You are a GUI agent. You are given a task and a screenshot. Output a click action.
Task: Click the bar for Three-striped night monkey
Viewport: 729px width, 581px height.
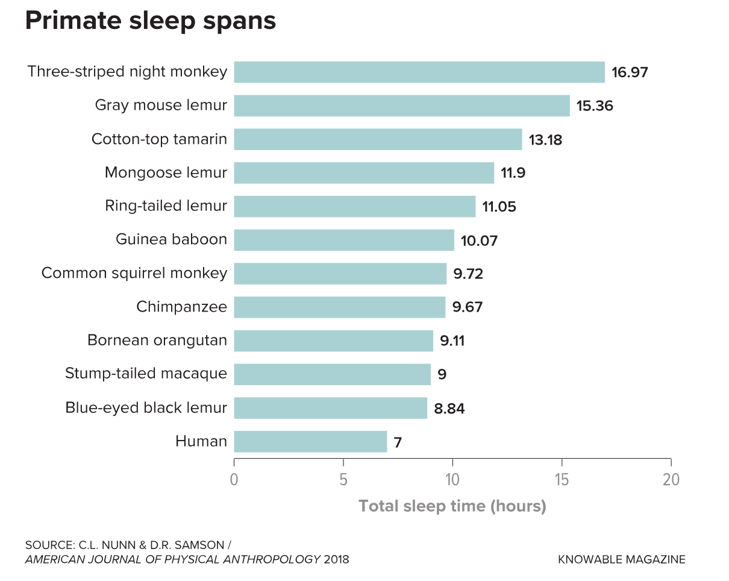(419, 72)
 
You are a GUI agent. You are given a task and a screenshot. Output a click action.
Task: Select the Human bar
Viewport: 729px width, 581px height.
(310, 442)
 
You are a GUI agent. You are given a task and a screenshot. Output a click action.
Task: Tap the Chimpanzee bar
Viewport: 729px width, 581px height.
(339, 307)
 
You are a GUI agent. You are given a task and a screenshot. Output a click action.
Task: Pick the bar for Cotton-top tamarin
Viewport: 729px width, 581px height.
(378, 139)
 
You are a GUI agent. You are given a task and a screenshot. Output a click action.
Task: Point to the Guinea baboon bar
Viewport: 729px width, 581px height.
(343, 240)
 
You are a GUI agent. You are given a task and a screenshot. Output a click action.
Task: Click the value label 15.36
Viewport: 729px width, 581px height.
(595, 106)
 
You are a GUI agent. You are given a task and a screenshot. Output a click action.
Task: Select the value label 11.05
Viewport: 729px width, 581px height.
(499, 207)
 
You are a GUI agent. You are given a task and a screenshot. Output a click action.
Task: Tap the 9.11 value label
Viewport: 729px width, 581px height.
(452, 341)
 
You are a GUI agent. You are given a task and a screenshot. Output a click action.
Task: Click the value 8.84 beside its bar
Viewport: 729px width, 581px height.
(449, 409)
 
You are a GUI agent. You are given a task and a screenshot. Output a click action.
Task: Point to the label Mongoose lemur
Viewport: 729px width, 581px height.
(166, 173)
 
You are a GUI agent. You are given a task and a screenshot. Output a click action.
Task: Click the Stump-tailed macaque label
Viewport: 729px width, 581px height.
(146, 374)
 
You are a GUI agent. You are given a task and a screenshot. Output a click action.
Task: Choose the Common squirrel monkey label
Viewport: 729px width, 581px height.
(134, 273)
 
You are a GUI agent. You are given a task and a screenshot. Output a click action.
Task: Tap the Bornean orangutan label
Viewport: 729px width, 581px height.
(157, 341)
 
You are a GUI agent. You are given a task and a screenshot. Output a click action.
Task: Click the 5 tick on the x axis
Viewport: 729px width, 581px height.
(343, 480)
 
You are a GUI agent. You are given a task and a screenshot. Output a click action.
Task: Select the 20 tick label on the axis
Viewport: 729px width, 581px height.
(671, 480)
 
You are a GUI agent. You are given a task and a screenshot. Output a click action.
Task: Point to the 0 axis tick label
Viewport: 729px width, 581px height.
(234, 480)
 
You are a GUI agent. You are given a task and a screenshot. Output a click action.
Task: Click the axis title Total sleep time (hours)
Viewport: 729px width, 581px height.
(452, 506)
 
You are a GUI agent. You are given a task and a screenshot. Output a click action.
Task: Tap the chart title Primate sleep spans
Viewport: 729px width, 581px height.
(151, 21)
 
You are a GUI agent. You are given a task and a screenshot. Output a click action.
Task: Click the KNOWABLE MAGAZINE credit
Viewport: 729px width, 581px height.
(622, 559)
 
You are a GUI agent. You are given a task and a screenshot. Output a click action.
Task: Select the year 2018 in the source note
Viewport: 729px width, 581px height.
(336, 559)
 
